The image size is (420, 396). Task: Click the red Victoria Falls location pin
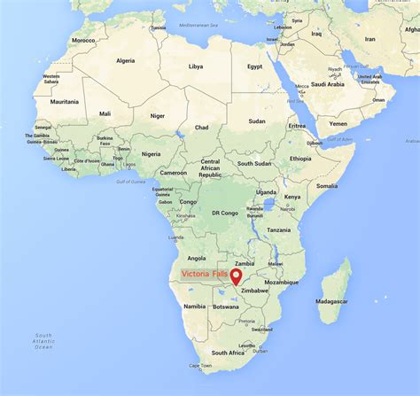[236, 276]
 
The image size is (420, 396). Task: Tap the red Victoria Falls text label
[203, 275]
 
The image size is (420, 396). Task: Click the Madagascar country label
[332, 300]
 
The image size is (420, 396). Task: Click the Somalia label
[327, 186]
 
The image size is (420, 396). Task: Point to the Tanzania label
[278, 229]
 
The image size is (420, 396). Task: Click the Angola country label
[196, 259]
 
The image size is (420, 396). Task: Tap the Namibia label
[194, 306]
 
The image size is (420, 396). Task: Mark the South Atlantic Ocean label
[43, 340]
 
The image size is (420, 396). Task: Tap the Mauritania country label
[65, 102]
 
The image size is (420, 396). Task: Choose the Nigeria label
[152, 152]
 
